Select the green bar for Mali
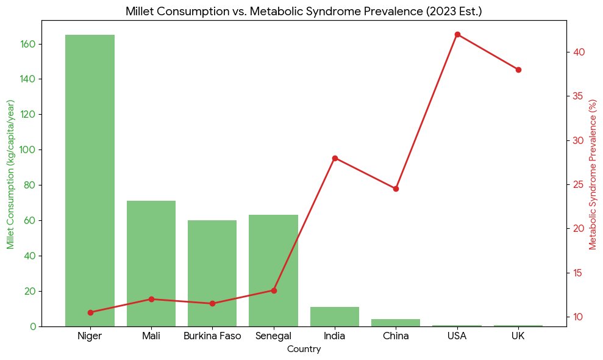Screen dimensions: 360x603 pos(151,263)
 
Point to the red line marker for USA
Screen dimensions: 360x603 pos(457,34)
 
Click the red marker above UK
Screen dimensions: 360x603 pos(518,70)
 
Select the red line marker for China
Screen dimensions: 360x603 pos(396,189)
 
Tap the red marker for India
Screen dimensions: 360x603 pos(335,158)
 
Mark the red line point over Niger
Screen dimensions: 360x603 pos(90,312)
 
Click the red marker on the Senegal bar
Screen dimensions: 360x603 pos(274,290)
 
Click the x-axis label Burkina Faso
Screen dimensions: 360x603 pos(212,336)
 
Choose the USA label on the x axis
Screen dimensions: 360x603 pos(457,336)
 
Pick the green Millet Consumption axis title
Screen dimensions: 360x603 pos(10,174)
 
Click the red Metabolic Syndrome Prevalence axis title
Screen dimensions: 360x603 pos(593,174)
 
